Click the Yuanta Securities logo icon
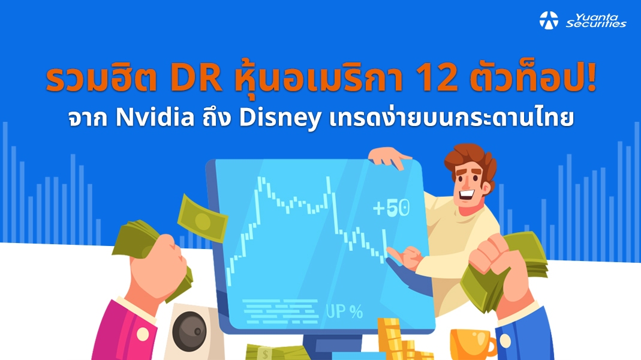point(549,20)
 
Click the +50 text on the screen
point(391,208)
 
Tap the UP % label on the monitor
point(344,311)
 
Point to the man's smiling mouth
point(465,194)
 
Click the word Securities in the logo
point(596,24)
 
